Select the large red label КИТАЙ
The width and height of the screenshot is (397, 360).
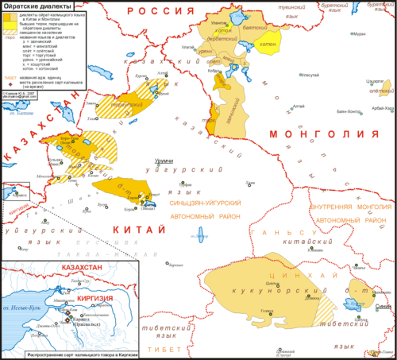(x=126, y=225)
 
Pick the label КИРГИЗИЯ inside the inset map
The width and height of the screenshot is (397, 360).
(x=91, y=291)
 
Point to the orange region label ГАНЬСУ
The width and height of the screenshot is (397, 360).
(x=278, y=231)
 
